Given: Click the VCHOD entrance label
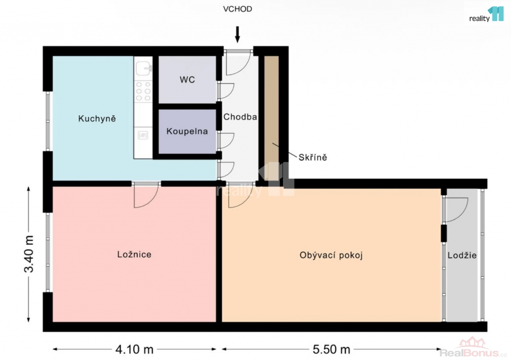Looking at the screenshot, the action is [237, 9].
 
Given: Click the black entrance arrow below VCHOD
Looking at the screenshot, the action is [238, 34].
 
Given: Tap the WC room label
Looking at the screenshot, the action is [187, 79].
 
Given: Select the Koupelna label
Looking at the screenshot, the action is [187, 131].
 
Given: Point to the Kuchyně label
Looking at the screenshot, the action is [97, 118].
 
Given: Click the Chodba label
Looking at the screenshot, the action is [240, 117].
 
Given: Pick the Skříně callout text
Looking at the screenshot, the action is [313, 157].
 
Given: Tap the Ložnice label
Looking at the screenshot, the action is [134, 254].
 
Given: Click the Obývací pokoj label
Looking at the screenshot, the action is [331, 255].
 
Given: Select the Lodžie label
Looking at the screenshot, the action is [462, 255].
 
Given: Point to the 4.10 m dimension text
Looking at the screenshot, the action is [134, 350].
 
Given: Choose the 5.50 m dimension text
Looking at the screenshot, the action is [331, 350].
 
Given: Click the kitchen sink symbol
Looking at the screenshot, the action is [143, 68].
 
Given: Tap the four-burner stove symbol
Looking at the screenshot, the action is [143, 91].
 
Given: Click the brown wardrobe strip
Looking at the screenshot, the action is [271, 118].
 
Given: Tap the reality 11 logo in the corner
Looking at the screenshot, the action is [486, 15].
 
